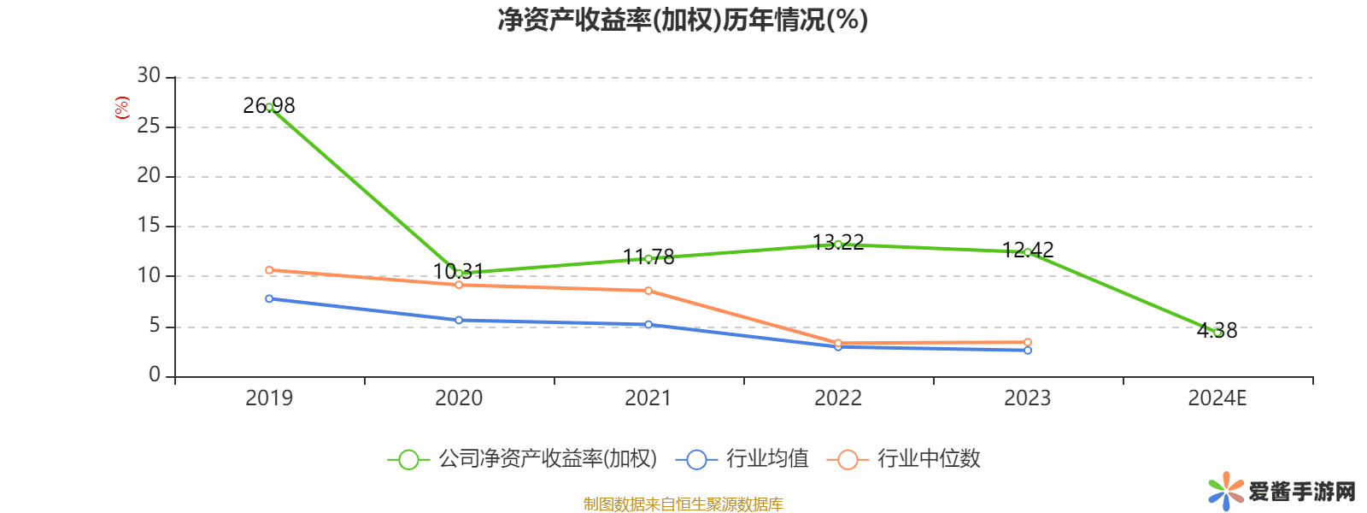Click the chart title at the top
[683, 20]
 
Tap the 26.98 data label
[268, 105]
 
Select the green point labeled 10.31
[459, 273]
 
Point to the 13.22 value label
[838, 243]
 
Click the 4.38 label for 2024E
[1217, 330]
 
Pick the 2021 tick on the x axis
[648, 398]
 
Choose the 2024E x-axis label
[1217, 398]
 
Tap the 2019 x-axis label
[268, 398]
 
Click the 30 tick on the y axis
[149, 76]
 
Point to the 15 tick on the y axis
[149, 226]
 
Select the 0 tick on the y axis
[154, 374]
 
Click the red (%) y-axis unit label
[121, 107]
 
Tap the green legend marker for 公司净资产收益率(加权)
[408, 459]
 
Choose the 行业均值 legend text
[766, 459]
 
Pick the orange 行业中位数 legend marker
[848, 459]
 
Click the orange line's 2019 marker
[269, 270]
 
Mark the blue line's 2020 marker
[459, 321]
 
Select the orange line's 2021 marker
[648, 291]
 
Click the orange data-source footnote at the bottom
[683, 504]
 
